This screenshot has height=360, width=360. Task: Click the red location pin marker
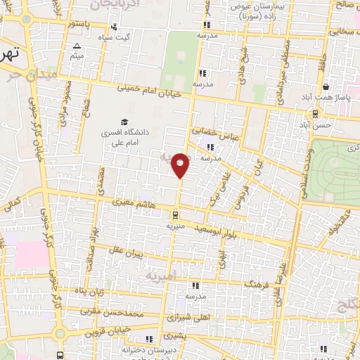click(181, 165)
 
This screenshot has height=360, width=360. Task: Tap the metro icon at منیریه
click(174, 215)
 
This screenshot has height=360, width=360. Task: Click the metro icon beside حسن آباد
click(315, 112)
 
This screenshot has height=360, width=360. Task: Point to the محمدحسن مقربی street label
click(112, 310)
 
